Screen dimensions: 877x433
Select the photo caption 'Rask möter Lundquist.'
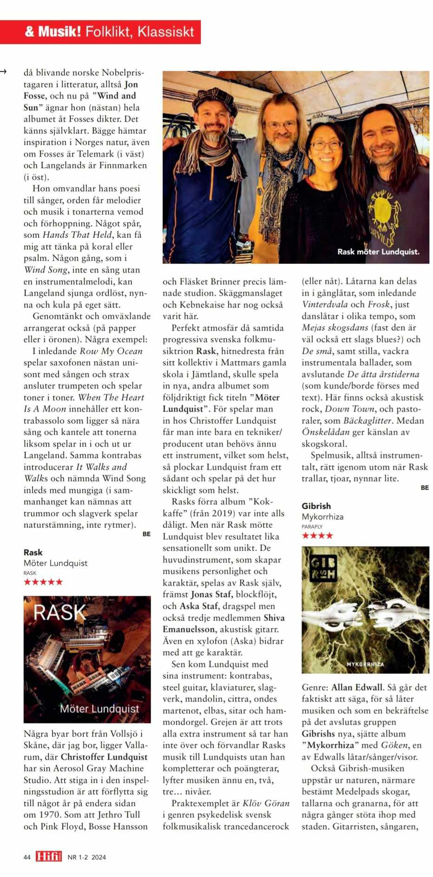(378, 252)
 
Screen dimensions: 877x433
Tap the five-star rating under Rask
(43, 582)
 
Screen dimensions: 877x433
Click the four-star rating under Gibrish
(317, 535)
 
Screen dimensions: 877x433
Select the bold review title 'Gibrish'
(316, 506)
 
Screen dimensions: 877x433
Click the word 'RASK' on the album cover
(59, 613)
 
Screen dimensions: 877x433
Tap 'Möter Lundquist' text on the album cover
(99, 709)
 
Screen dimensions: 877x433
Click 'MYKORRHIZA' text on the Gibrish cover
(366, 664)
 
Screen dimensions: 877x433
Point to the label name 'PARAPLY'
(312, 527)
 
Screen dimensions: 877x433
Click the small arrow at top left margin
(3, 71)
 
